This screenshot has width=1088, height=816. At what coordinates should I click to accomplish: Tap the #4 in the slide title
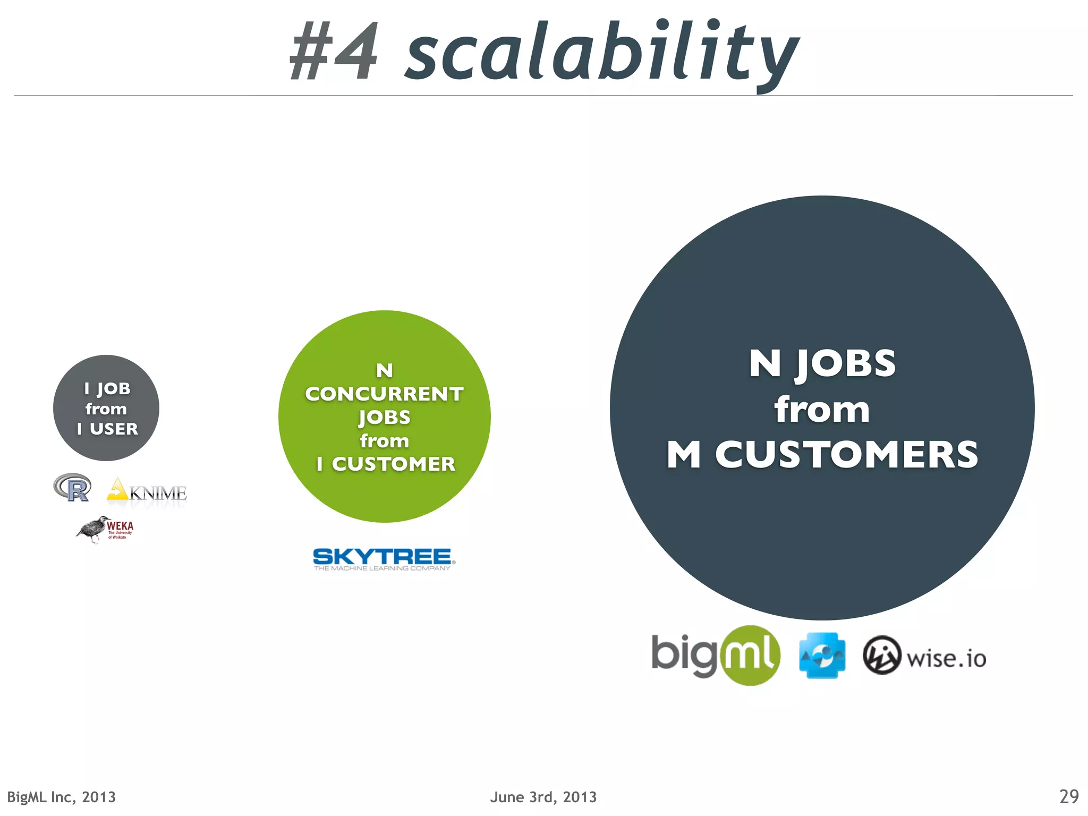tap(334, 52)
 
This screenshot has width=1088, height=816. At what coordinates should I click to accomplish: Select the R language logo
tap(73, 487)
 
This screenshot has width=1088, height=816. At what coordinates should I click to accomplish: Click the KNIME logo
tap(148, 491)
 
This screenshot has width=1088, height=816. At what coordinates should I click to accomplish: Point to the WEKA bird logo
tap(105, 529)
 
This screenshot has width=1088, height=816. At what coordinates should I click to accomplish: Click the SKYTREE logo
tap(383, 559)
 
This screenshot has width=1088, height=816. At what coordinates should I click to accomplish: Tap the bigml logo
tap(715, 656)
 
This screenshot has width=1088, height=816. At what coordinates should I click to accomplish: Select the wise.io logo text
tap(946, 659)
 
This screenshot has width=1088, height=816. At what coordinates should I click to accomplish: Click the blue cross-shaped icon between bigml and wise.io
tap(822, 656)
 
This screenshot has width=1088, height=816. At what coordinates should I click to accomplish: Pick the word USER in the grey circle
tap(114, 429)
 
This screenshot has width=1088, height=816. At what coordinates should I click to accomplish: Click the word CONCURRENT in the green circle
tap(384, 394)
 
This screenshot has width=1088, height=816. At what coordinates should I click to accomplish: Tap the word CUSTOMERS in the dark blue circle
tap(846, 455)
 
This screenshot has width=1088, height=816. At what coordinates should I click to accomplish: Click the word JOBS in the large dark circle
tap(846, 364)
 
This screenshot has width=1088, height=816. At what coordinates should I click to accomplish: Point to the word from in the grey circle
tap(106, 409)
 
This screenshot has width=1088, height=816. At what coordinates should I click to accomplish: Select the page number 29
tap(1068, 796)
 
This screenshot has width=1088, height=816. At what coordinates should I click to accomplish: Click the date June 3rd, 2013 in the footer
tap(543, 797)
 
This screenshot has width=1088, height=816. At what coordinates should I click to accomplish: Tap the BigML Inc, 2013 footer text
tap(61, 797)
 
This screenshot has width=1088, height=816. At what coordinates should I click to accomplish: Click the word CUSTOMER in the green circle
tap(393, 464)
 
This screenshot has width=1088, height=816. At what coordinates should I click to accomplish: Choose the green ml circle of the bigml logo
tap(750, 656)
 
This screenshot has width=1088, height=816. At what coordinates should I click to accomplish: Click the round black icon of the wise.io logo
tap(881, 656)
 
